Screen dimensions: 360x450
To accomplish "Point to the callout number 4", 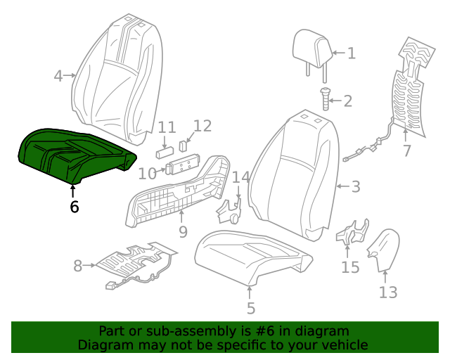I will coord(59,75).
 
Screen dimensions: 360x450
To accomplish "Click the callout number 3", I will coord(356,187).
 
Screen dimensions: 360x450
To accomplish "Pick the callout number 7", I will coord(406,151).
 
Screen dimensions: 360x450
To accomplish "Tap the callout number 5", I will coord(251,307).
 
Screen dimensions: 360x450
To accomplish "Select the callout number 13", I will coord(388,292).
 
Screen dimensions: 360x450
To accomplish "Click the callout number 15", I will coord(350,267).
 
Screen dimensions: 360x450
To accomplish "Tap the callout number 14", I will coord(241,177).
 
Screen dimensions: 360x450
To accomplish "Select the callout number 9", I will coord(183,231).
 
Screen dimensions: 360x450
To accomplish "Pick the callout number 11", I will coord(167,128).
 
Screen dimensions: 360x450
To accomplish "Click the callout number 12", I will coord(202,126).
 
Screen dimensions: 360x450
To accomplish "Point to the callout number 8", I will coord(78,266).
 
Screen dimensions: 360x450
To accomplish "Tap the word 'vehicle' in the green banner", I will coord(341,345).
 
